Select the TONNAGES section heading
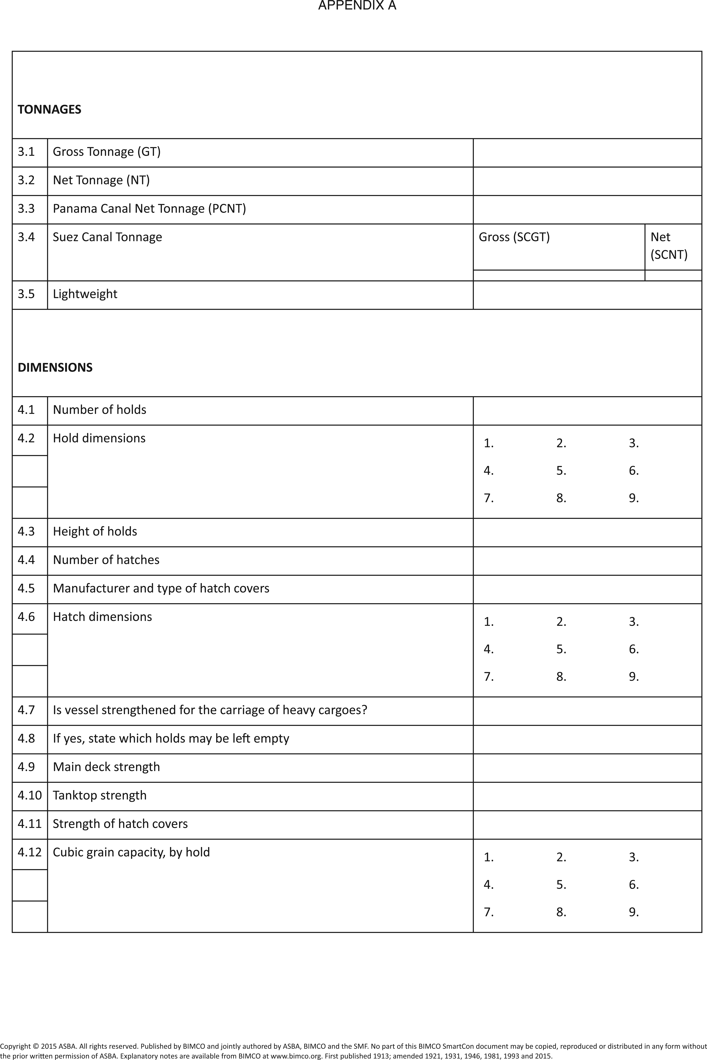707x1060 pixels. [x=50, y=110]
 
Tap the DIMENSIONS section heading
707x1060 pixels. [x=55, y=367]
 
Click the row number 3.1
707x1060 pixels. [x=26, y=152]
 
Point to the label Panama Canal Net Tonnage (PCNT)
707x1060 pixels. [x=149, y=209]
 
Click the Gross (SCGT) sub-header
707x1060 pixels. [x=514, y=237]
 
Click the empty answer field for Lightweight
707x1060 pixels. [x=587, y=295]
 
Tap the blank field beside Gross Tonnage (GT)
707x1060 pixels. [x=587, y=153]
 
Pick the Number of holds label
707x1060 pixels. [x=100, y=410]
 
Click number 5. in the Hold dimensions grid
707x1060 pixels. [x=561, y=471]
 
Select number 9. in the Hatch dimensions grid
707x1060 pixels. [x=633, y=677]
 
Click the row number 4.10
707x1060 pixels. [x=29, y=795]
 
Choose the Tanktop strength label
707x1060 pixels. [x=100, y=795]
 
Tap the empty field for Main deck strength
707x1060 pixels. [x=587, y=768]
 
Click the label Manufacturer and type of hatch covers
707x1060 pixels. [x=161, y=588]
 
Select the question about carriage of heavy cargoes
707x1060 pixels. [x=210, y=710]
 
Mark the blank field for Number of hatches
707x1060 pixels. [x=587, y=561]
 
